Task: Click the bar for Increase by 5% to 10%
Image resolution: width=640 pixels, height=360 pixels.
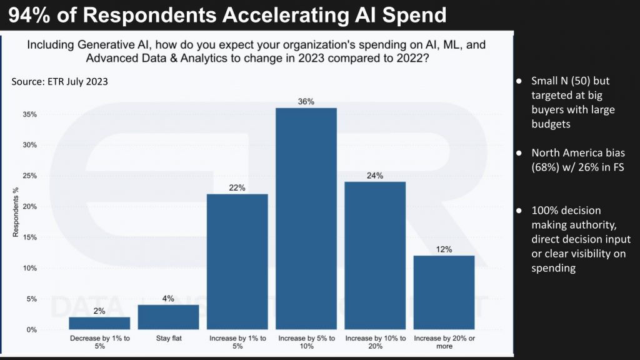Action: [306, 219]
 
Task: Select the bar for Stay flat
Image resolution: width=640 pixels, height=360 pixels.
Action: [168, 317]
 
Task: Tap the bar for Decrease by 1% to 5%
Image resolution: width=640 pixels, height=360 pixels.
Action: [99, 323]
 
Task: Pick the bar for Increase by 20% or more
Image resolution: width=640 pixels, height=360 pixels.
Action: [444, 292]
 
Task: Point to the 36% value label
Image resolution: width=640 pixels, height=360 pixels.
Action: [306, 101]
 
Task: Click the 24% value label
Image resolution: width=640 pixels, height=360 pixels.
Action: [375, 176]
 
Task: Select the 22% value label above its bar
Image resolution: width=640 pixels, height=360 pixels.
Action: [237, 187]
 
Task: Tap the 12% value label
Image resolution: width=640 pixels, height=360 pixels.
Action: [444, 249]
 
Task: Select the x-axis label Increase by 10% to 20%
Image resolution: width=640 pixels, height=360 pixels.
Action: [375, 342]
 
